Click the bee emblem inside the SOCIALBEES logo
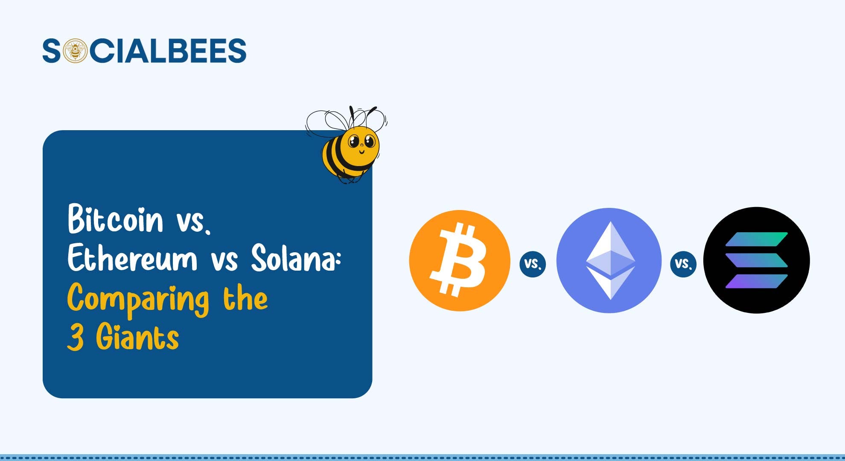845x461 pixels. point(75,51)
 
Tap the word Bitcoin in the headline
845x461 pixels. point(115,219)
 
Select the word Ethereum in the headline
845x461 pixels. point(132,258)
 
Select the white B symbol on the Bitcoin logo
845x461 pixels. point(459,260)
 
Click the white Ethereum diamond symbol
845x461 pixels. point(610,260)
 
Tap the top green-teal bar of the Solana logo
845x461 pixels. point(756,239)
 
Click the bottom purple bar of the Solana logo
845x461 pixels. point(756,281)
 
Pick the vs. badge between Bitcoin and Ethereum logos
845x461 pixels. point(533,264)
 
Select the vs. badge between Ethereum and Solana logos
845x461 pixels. point(683,264)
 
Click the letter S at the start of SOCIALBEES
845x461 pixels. point(52,51)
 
